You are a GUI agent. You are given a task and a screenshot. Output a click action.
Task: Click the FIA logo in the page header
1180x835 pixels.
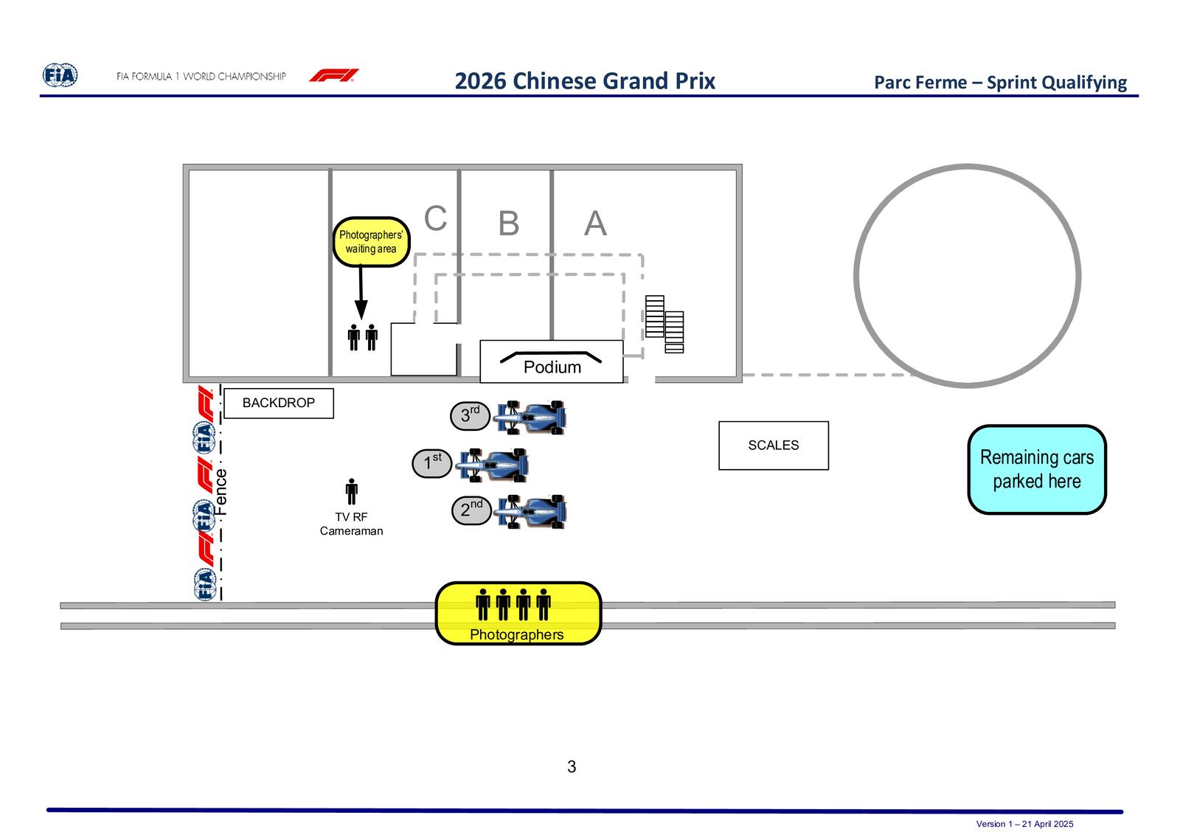click(60, 75)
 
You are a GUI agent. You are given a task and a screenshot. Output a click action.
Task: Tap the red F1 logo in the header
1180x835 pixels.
click(334, 75)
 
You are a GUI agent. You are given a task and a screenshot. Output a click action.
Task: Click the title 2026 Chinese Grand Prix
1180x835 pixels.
click(585, 81)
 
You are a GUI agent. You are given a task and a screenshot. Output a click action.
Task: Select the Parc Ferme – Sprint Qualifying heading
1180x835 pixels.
click(1000, 82)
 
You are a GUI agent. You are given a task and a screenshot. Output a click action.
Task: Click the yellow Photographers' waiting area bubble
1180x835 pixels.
click(371, 242)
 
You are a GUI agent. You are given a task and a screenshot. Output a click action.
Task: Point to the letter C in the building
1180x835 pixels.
click(436, 218)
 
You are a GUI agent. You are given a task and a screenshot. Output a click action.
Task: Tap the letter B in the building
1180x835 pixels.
click(508, 223)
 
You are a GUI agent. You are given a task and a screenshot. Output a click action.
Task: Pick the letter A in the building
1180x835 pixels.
click(595, 223)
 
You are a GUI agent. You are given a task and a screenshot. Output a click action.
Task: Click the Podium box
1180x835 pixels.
click(552, 361)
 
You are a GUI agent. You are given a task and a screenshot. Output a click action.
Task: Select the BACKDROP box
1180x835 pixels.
click(279, 403)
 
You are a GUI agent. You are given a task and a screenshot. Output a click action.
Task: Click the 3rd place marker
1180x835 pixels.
click(470, 416)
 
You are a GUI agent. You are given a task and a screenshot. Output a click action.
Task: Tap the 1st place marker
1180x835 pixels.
click(432, 463)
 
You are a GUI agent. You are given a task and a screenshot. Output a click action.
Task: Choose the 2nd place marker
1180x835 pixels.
click(471, 510)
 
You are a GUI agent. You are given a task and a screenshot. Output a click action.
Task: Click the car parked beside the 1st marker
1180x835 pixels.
click(492, 465)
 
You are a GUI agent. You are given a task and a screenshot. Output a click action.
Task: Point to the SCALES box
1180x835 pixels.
click(774, 445)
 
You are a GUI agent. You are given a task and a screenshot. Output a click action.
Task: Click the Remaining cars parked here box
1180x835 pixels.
click(1037, 469)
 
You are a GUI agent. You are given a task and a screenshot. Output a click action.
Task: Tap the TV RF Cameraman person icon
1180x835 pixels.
click(351, 491)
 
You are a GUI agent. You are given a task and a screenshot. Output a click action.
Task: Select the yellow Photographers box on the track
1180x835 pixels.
click(518, 613)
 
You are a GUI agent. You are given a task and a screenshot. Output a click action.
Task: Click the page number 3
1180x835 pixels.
click(572, 766)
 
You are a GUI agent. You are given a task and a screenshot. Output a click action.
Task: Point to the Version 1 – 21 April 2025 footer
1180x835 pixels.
click(1024, 824)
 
